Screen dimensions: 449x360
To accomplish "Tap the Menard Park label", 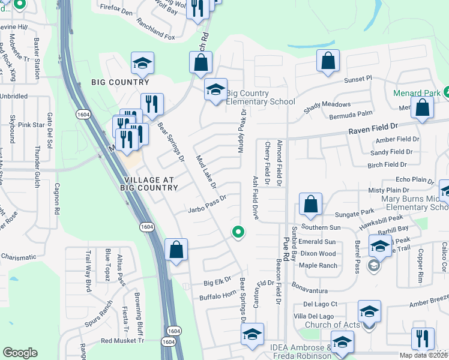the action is [x=417, y=93].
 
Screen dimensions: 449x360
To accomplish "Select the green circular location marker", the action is [x=238, y=232].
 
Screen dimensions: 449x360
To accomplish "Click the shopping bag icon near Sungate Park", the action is [x=310, y=205].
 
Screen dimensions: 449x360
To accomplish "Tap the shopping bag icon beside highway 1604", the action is [x=176, y=250].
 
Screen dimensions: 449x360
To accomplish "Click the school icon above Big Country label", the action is [x=142, y=62].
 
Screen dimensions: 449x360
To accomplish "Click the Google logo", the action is [x=20, y=353].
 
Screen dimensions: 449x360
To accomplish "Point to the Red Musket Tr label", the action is [x=122, y=340].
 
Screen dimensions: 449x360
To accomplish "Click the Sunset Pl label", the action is [x=358, y=79].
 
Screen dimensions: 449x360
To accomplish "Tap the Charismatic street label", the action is [x=18, y=257].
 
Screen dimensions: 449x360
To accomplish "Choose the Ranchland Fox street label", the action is [x=155, y=37].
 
